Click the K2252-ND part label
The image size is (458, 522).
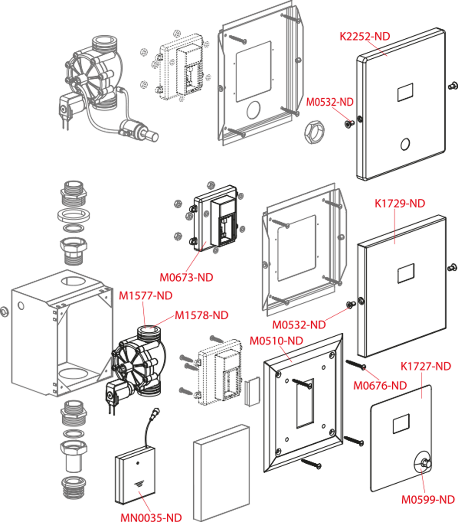click(364, 37)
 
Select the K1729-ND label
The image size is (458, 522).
click(400, 203)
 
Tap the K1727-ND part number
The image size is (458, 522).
click(426, 366)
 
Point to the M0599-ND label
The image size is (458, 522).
click(428, 500)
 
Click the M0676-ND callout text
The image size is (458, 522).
click(380, 385)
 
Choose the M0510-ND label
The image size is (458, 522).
click(276, 340)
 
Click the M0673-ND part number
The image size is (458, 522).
click(186, 277)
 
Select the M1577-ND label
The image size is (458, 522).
click(146, 296)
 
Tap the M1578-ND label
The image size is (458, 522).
click(201, 315)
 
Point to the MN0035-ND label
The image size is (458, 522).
click(151, 517)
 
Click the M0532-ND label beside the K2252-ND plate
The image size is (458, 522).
click(330, 102)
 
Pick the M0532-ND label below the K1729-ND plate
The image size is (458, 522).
click(299, 325)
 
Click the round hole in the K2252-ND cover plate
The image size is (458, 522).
click(405, 143)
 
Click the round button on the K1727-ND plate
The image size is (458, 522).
click(422, 463)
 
